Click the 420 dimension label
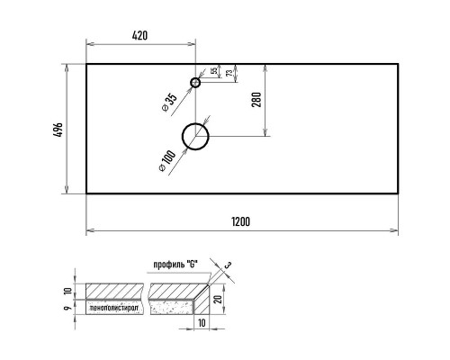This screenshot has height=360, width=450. tap(139, 35)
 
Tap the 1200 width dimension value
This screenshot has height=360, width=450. tap(241, 221)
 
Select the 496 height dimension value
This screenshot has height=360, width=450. tap(58, 130)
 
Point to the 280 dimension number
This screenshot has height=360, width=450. tap(256, 100)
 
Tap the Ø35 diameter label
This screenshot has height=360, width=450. tap(169, 103)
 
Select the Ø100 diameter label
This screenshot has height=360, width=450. tap(167, 161)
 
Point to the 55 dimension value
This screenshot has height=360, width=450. tap(214, 71)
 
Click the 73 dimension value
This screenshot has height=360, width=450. tap(229, 73)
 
